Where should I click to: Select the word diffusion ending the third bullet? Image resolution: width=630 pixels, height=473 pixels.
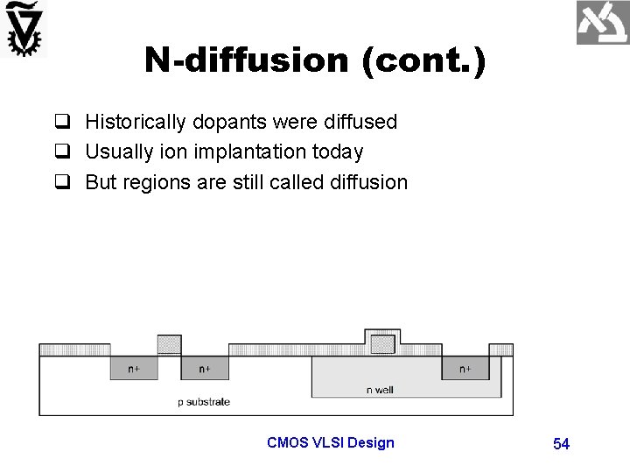pyautogui.click(x=367, y=182)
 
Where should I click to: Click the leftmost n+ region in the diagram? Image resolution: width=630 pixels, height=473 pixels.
pyautogui.click(x=133, y=369)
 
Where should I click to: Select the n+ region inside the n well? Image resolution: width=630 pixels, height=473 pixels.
pyautogui.click(x=465, y=369)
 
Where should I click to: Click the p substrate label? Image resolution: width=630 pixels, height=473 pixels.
pyautogui.click(x=203, y=402)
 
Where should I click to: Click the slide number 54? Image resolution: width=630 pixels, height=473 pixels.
pyautogui.click(x=561, y=444)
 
